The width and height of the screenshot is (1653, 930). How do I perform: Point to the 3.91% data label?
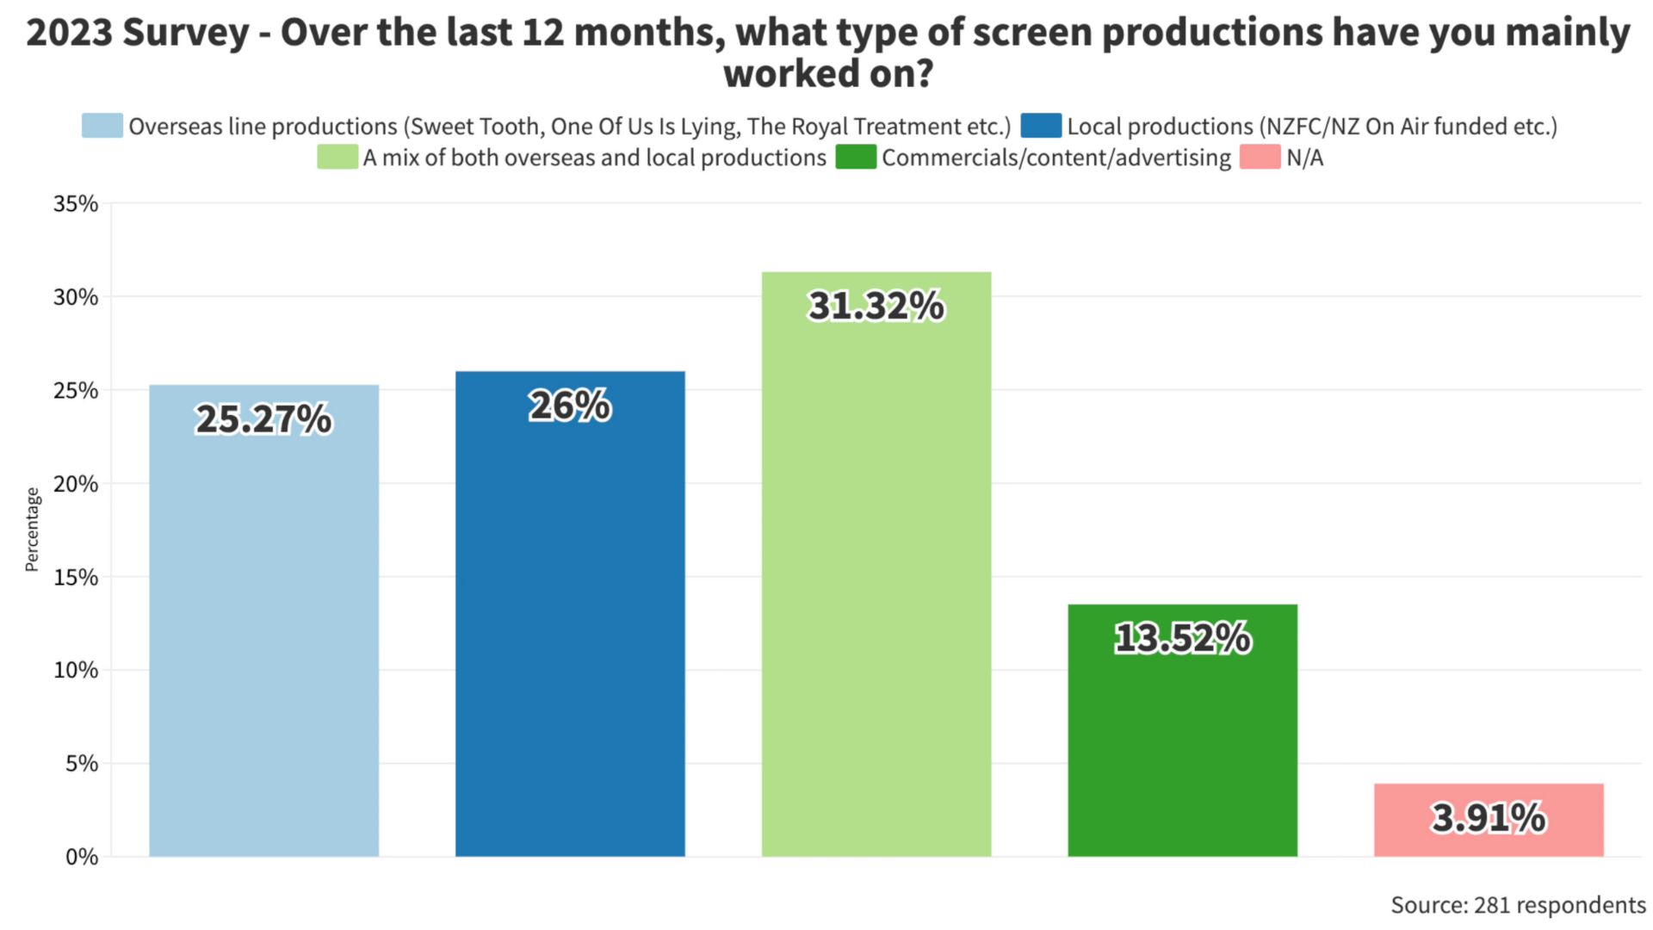pos(1489,817)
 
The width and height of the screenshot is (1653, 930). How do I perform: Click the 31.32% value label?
pos(876,306)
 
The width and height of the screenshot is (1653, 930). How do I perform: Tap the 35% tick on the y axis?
pos(76,204)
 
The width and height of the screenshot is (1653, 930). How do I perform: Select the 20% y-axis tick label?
pos(76,484)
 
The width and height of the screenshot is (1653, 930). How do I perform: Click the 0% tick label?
pos(82,857)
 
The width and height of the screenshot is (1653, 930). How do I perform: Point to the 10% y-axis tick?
pos(76,670)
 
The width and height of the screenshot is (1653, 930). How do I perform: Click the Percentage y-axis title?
pos(32,529)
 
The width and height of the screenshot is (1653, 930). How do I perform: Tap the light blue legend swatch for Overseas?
pos(102,126)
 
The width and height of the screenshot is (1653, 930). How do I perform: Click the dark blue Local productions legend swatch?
pos(1041,126)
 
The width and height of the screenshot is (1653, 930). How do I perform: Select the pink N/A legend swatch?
pos(1260,158)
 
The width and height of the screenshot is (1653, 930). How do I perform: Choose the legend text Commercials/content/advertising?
pos(1056,158)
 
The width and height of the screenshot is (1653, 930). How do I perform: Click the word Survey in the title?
pos(186,33)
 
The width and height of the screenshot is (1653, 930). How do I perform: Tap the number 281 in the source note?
pos(1491,905)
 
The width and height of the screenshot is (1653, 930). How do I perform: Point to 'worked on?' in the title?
pos(827,74)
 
